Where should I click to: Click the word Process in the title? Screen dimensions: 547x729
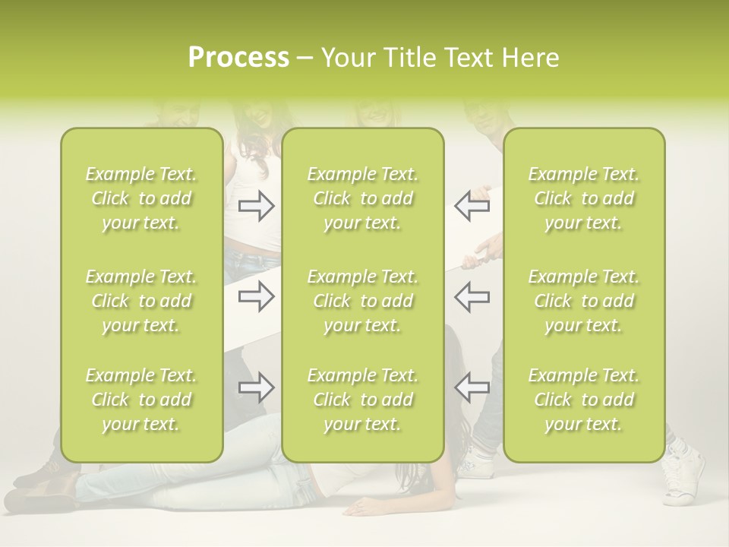pos(238,58)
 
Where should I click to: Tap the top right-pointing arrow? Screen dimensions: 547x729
pos(256,206)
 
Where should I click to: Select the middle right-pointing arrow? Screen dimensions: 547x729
pos(256,296)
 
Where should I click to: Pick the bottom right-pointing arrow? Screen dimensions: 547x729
pos(256,387)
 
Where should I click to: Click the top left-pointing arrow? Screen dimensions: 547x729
pos(472,206)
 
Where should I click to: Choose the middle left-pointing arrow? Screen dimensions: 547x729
pos(472,296)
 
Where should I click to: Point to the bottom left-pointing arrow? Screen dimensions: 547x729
pos(472,387)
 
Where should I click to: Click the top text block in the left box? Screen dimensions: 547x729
pos(141,198)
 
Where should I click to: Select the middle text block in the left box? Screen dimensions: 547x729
pos(141,301)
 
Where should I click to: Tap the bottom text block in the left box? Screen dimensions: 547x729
pos(141,400)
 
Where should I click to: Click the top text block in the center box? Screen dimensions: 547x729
pos(363,198)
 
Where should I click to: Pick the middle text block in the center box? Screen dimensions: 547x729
pos(363,301)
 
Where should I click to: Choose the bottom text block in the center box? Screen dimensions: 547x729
pos(363,400)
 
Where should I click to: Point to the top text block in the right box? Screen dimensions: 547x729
pos(584,198)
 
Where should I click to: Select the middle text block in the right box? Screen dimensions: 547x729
pos(584,301)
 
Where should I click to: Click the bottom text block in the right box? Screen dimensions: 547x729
pos(584,400)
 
